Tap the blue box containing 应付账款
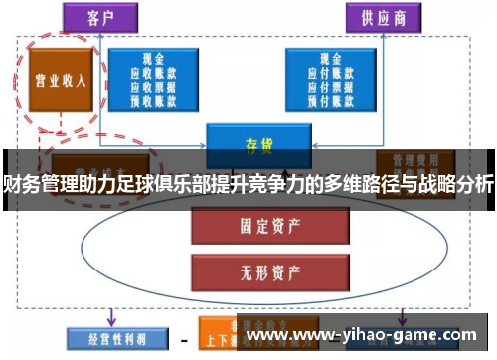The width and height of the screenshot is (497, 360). click(335, 81)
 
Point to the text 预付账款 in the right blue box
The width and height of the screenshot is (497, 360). click(335, 100)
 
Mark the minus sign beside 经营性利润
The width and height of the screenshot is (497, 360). click(183, 337)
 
